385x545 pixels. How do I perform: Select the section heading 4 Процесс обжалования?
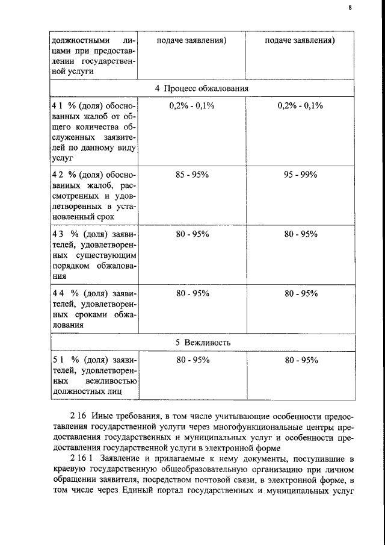pyautogui.click(x=202, y=88)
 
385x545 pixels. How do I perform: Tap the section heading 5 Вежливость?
pyautogui.click(x=202, y=342)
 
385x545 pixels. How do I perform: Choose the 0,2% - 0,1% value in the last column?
pyautogui.click(x=301, y=105)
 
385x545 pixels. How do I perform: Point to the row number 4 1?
pyautogui.click(x=58, y=105)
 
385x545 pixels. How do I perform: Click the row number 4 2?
pyautogui.click(x=58, y=174)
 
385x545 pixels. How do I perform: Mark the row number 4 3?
pyautogui.click(x=58, y=234)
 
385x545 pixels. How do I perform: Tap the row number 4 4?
pyautogui.click(x=58, y=293)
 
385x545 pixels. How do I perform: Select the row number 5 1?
pyautogui.click(x=58, y=360)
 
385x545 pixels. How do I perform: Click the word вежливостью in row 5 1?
pyautogui.click(x=114, y=381)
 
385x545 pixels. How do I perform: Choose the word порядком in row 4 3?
pyautogui.click(x=73, y=266)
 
